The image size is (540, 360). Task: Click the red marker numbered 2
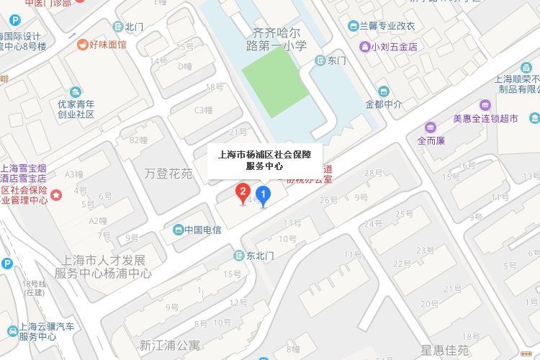(x=244, y=192)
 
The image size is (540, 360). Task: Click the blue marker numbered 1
(x=264, y=194)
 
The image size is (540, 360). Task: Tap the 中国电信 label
(x=202, y=230)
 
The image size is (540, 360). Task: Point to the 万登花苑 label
(x=168, y=174)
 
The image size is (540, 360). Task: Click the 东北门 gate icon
(x=238, y=255)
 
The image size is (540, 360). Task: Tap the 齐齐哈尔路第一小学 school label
(x=279, y=39)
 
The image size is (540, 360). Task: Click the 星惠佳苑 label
(x=445, y=351)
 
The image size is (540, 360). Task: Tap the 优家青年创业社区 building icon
(x=75, y=92)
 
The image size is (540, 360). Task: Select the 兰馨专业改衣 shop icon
(x=354, y=26)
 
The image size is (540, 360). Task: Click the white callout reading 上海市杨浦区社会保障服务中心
(x=264, y=160)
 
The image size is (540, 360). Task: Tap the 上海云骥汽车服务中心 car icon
(x=13, y=331)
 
